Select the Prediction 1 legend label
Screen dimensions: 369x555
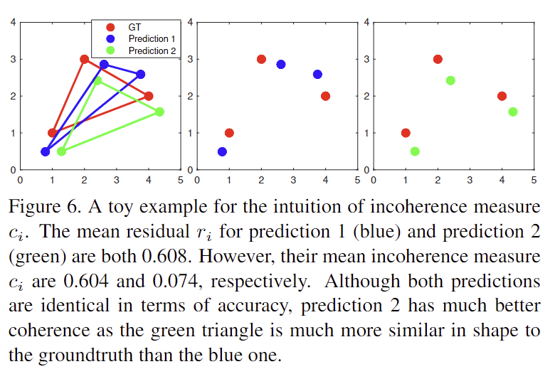(152, 38)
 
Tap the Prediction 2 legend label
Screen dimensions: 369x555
(152, 50)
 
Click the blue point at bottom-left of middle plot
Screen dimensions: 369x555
(223, 151)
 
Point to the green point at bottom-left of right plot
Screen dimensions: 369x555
(415, 151)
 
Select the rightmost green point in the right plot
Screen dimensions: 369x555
(513, 112)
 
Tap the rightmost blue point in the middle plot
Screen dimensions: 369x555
(317, 74)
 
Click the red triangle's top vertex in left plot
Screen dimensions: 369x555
(85, 59)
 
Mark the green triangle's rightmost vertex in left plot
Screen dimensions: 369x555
(159, 112)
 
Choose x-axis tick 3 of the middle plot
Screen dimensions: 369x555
(293, 180)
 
